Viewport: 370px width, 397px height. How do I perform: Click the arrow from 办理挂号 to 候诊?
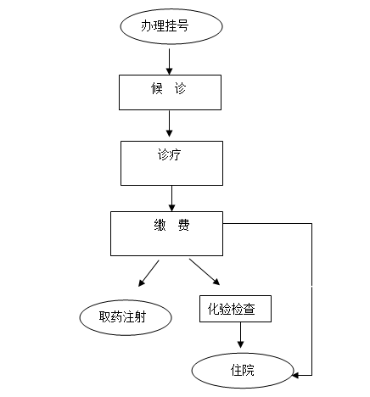169,62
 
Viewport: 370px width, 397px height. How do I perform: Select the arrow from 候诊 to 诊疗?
169,124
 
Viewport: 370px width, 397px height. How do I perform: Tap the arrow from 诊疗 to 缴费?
171,198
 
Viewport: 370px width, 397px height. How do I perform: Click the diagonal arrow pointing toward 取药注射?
149,273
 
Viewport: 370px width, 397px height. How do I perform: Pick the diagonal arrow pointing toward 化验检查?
205,271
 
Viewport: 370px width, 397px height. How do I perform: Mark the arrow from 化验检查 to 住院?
240,335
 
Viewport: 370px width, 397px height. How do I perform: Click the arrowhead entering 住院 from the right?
295,375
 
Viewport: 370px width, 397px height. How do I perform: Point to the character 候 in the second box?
157,88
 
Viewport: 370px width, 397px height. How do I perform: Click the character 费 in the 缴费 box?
183,226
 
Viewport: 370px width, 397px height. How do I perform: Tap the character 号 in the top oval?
182,25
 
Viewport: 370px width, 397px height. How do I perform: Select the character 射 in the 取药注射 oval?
140,316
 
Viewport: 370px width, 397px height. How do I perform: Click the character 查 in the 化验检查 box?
249,309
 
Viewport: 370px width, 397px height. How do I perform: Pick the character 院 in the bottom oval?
249,370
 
